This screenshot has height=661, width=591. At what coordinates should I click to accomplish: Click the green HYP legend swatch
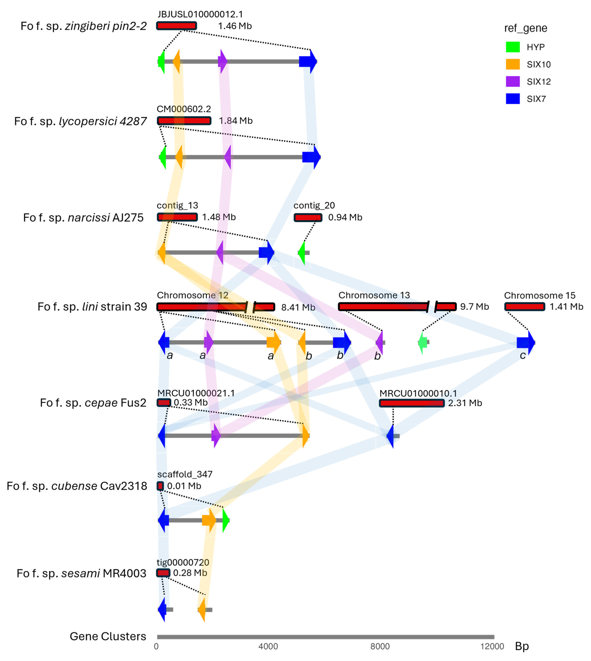(x=513, y=47)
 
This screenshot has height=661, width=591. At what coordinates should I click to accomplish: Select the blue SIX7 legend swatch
(x=513, y=99)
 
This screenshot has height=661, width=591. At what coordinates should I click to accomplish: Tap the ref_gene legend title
(x=525, y=28)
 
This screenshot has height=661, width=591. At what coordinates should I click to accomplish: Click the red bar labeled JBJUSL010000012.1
(x=176, y=26)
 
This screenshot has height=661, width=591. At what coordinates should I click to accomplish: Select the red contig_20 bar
(x=308, y=217)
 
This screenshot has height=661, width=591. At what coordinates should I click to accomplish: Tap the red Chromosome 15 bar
(x=524, y=306)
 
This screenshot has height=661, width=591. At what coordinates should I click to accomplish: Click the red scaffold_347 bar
(x=160, y=486)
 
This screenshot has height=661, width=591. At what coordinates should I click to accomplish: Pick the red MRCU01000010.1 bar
(x=411, y=403)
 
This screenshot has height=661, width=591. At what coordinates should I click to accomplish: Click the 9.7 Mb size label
(x=474, y=307)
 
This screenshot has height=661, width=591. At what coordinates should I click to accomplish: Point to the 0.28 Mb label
(x=190, y=573)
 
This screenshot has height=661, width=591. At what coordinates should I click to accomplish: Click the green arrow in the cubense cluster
(x=226, y=520)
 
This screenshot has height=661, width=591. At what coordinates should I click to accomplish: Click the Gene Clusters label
(x=108, y=636)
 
